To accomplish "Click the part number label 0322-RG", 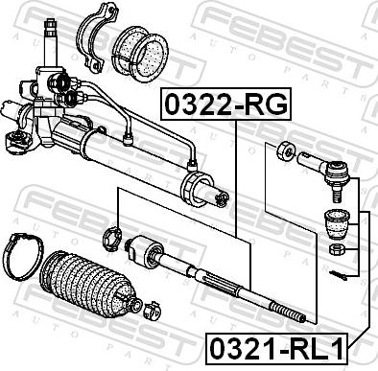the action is (x=225, y=104).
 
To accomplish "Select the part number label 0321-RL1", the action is (x=276, y=349).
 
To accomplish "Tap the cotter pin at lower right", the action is (x=338, y=275).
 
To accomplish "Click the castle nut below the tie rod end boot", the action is (x=337, y=249).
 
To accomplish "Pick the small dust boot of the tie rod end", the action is (x=338, y=223).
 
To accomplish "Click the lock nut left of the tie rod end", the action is (x=285, y=151).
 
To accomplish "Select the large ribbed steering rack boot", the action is (x=89, y=283).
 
